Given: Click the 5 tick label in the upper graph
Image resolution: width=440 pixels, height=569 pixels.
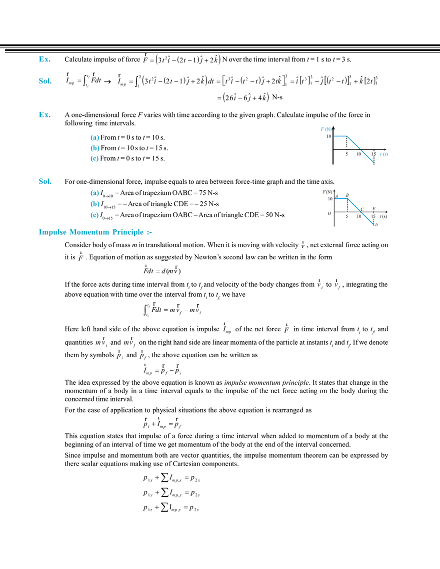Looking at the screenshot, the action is click(346, 154).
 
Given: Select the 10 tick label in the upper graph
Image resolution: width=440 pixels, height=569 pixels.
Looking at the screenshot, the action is click(358, 154).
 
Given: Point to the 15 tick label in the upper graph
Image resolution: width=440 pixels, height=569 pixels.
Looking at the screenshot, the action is click(373, 154).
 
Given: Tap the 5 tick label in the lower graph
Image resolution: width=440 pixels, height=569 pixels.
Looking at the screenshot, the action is click(346, 216).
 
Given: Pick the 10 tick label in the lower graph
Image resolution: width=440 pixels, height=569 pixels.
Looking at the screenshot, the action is click(358, 216).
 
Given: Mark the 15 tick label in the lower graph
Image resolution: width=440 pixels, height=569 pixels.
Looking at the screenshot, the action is click(373, 216).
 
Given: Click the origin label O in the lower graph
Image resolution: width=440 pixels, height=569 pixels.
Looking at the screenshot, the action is click(328, 214).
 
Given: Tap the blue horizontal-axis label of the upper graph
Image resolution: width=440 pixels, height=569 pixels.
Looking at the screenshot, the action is click(384, 155).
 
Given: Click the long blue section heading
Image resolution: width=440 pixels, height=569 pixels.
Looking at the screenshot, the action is click(93, 232).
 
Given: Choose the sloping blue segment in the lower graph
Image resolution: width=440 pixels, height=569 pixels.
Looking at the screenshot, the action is click(360, 210).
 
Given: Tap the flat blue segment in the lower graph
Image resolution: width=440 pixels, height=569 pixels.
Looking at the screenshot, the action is click(341, 198).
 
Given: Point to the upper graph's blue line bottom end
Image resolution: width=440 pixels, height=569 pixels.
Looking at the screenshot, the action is click(372, 161).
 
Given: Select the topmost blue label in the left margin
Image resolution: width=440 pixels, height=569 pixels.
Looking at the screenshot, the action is click(44, 59).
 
